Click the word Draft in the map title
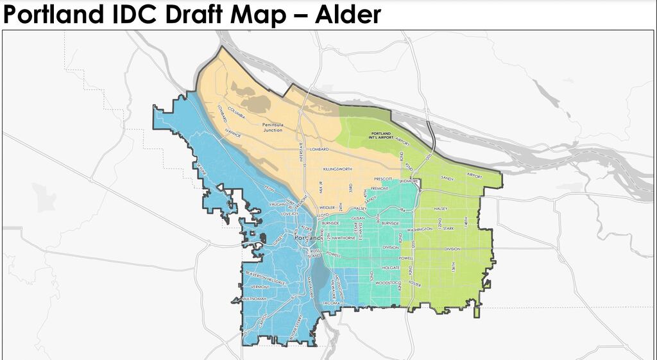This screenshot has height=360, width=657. pos(200,15)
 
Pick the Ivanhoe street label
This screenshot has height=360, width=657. pos(232,135)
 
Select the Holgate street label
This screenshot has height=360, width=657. pos(390,266)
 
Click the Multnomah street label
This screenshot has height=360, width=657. pos(254,299)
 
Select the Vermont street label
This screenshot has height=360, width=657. pos(260,287)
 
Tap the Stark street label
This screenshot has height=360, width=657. pos(448,228)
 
